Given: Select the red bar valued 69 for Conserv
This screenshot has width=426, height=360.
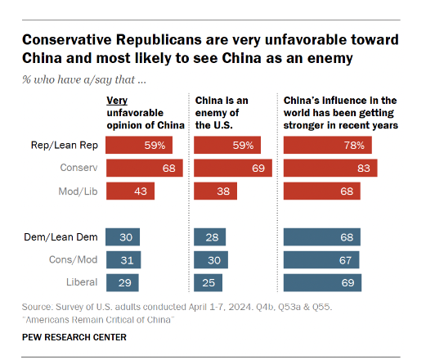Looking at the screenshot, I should click(232, 169).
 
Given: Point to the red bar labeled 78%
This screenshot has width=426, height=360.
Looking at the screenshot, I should click(327, 146).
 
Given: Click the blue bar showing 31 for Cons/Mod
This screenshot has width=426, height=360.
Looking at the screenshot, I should click(123, 260).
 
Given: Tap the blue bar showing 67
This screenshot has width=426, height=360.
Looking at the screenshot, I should click(321, 260).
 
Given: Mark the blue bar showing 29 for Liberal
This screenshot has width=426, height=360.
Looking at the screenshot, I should click(123, 282).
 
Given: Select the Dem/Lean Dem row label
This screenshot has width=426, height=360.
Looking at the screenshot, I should click(65, 237).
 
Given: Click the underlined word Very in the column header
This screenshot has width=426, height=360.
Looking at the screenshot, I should click(119, 100).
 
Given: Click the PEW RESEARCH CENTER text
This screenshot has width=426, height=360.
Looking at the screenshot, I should click(74, 336).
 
